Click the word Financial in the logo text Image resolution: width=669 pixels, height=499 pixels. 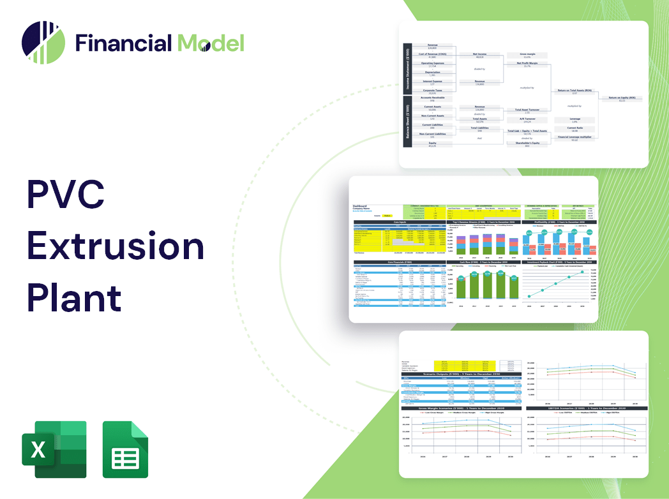(x=123, y=43)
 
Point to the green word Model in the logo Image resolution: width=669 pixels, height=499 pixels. (x=211, y=43)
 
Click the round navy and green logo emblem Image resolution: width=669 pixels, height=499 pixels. (x=43, y=43)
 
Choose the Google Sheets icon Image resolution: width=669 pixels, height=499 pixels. (x=125, y=449)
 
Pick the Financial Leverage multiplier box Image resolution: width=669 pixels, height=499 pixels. (x=575, y=138)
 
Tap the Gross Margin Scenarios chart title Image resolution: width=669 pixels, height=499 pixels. (x=460, y=408)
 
